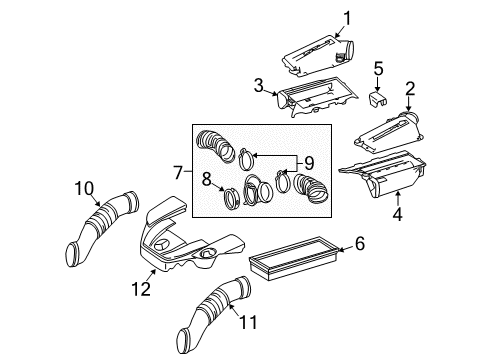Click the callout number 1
tap(347, 18)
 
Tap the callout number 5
tap(378, 69)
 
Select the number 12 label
tap(141, 289)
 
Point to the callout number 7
tap(178, 173)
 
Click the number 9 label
tap(309, 163)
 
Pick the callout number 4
tap(397, 214)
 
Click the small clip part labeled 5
tap(378, 98)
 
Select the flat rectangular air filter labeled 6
tap(295, 257)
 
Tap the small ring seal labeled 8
tap(231, 198)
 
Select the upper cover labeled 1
tap(317, 57)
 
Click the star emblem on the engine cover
tap(163, 245)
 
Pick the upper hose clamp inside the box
tap(246, 158)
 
